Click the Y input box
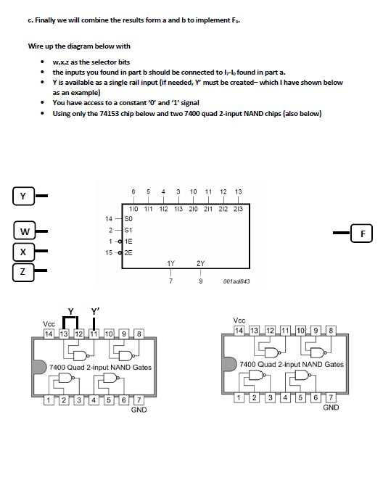23,196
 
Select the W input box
25,232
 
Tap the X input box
23,252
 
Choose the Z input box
23,272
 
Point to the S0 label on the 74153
129,218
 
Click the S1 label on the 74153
129,229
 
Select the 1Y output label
170,263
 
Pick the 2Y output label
200,263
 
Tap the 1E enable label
129,241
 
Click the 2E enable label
129,252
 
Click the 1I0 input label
133,209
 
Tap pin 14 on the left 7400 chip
49,334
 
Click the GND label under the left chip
139,410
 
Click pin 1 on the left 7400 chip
48,400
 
